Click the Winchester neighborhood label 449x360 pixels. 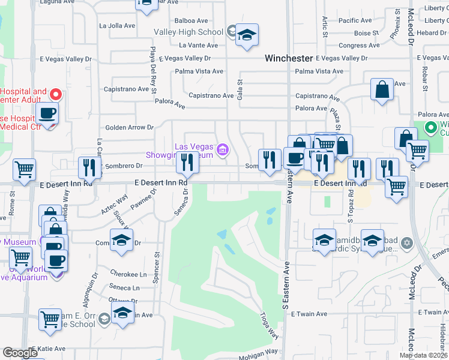coord(289,58)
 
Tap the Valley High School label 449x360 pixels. coord(188,32)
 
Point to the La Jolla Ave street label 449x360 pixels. coord(118,26)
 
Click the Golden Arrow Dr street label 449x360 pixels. coord(130,127)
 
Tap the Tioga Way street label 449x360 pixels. coord(270,325)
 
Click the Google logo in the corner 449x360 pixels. coord(20,353)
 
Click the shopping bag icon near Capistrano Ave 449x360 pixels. coord(382,91)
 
